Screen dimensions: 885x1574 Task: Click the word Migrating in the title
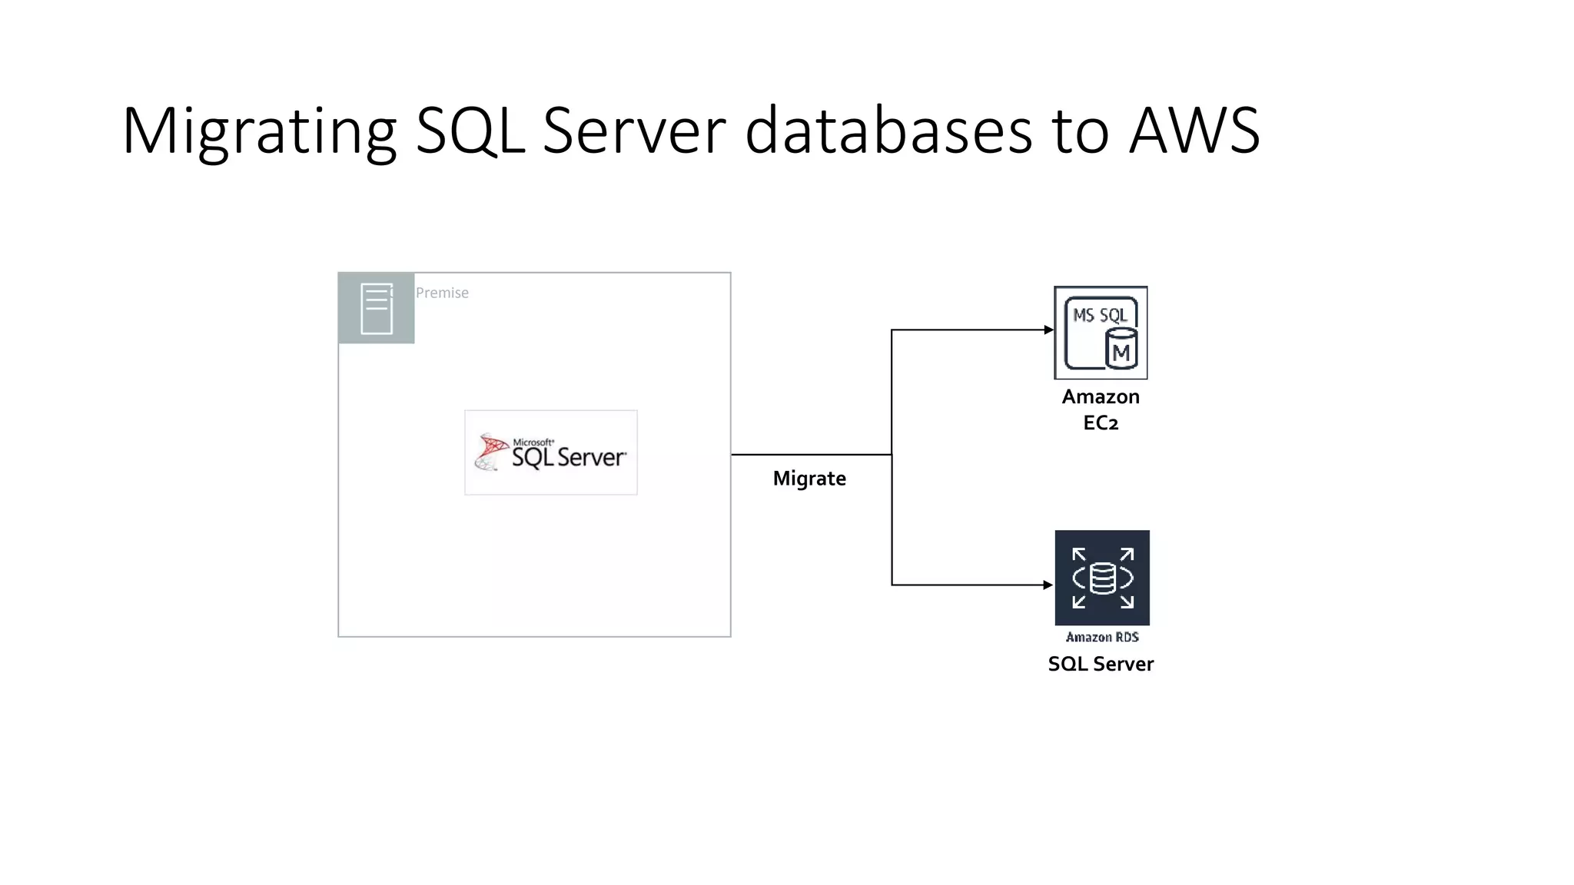point(258,132)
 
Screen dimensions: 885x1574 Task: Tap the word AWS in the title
point(1194,131)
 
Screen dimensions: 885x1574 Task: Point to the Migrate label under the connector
point(809,479)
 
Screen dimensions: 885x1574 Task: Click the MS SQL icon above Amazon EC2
point(1101,333)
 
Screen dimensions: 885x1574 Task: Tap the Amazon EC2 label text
point(1101,409)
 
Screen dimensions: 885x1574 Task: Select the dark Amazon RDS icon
point(1102,578)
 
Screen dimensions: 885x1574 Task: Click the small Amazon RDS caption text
point(1102,637)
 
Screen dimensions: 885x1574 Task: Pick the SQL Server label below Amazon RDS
point(1101,664)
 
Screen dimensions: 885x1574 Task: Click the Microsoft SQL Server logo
point(551,452)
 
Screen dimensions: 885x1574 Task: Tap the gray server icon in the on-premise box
point(377,308)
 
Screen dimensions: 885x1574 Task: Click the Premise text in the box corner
point(442,293)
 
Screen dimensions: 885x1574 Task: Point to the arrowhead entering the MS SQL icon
point(1048,330)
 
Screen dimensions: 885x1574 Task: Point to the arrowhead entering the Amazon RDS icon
point(1048,585)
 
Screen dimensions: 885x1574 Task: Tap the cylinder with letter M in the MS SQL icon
point(1121,350)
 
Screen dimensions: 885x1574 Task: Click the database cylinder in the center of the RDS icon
point(1102,578)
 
